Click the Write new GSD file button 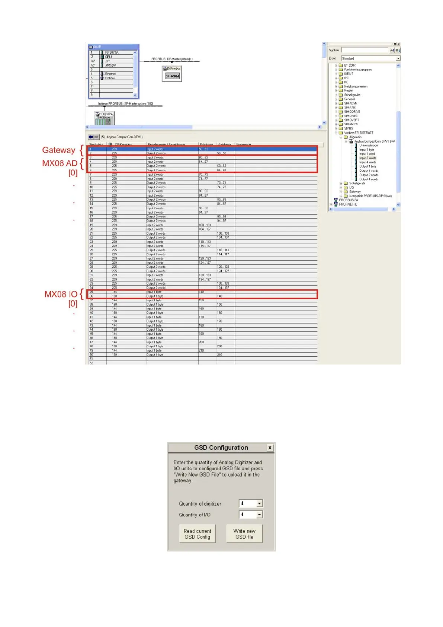tap(244, 534)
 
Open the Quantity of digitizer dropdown tap(259, 503)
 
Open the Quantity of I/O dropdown tap(259, 515)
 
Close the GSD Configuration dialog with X tap(270, 448)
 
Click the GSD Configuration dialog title tap(221, 448)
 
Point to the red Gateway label tap(58, 150)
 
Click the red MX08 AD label tap(60, 163)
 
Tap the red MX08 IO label tap(61, 294)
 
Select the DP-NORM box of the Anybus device tap(172, 76)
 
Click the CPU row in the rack tap(109, 57)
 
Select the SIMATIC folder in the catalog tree tap(350, 107)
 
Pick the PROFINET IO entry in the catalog tap(348, 204)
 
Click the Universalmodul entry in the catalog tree tap(369, 146)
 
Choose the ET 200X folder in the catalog tap(349, 65)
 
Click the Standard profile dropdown tap(370, 58)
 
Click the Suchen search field tap(365, 50)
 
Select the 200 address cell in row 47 tap(201, 342)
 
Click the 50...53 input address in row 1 tap(203, 149)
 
